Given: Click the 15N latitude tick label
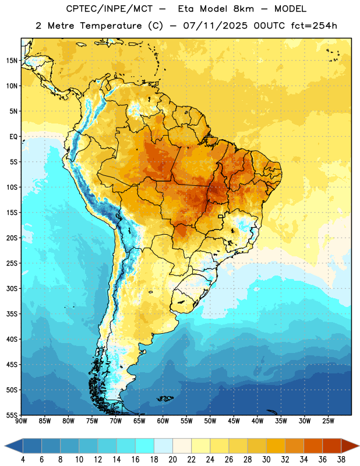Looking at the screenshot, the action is point(12,61).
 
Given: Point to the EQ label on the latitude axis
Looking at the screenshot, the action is point(13,137).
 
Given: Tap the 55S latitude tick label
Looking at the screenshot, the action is point(12,415).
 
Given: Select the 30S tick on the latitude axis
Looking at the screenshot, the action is point(12,288).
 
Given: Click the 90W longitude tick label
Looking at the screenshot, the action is point(21,421).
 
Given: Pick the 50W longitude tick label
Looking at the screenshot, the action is point(210,421).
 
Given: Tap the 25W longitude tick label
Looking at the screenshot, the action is point(328,421).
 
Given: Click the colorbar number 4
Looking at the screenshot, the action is point(23,460).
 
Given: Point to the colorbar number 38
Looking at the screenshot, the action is point(341,460).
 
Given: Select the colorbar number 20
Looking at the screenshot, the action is point(172,460).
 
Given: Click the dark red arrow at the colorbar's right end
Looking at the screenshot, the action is point(350,446).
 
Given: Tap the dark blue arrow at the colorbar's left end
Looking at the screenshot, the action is point(13,446).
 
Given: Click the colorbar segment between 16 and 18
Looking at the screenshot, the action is point(144,446).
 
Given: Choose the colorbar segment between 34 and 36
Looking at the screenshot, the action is point(313,446).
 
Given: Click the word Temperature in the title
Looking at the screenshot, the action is point(111,26).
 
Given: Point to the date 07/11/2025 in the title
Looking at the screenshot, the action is point(215,26).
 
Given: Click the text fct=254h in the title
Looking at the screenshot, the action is point(314,26).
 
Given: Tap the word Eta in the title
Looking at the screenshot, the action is point(186,9).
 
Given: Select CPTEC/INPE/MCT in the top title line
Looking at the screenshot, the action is point(109,9).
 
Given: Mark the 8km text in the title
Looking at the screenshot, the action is point(243,9).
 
